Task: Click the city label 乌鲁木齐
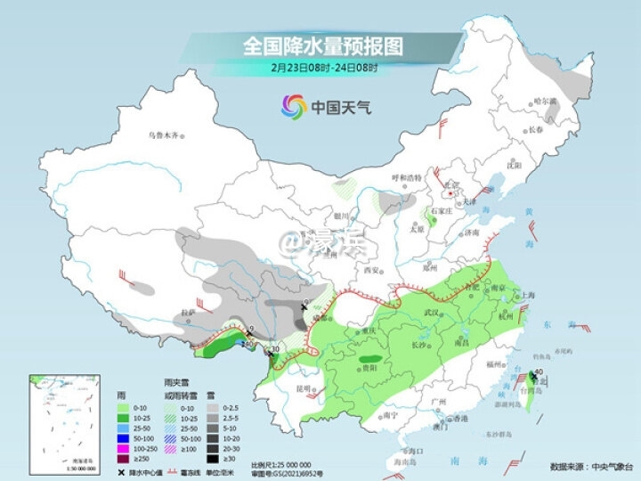point(164,135)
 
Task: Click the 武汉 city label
point(434,312)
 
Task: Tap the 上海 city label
point(529,295)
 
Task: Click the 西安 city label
point(372,270)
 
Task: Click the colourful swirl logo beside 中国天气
point(292,108)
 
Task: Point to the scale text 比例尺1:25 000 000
point(281,464)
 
